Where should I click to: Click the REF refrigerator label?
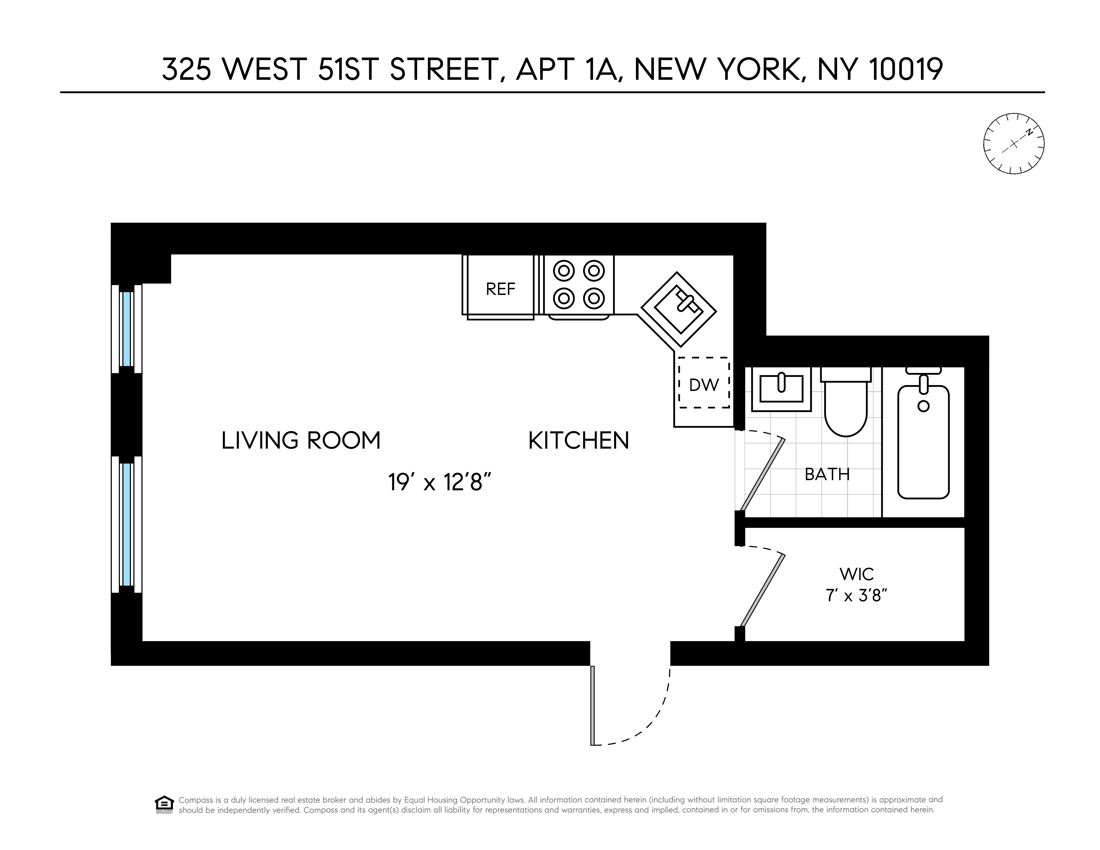point(500,289)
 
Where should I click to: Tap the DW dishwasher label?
point(704,385)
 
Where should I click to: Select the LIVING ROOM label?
point(301,440)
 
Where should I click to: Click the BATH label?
point(827,474)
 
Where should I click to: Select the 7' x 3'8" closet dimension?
point(856,596)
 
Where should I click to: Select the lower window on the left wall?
point(127,524)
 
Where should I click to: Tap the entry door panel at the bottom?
point(593,705)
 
